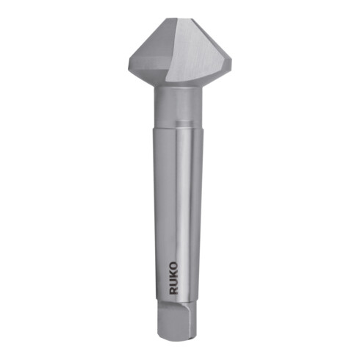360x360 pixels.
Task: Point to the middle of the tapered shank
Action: click(179, 213)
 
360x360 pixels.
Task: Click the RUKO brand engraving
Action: click(174, 280)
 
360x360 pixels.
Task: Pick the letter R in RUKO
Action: click(174, 292)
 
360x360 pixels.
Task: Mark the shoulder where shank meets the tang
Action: click(179, 303)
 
